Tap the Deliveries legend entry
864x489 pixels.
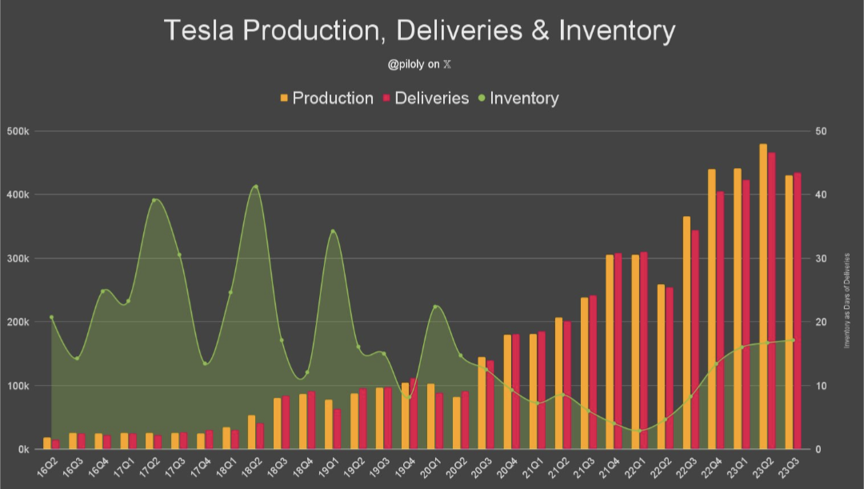(426, 98)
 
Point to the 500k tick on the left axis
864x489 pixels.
(17, 131)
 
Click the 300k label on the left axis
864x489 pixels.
(17, 259)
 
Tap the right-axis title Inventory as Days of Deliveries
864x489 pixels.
(846, 300)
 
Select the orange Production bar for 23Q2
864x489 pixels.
(763, 296)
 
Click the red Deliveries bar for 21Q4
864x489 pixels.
(618, 351)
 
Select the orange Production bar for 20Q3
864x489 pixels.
(482, 403)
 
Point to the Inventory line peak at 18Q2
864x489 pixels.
(255, 186)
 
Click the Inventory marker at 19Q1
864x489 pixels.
(332, 231)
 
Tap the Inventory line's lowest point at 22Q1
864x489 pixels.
(638, 431)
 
